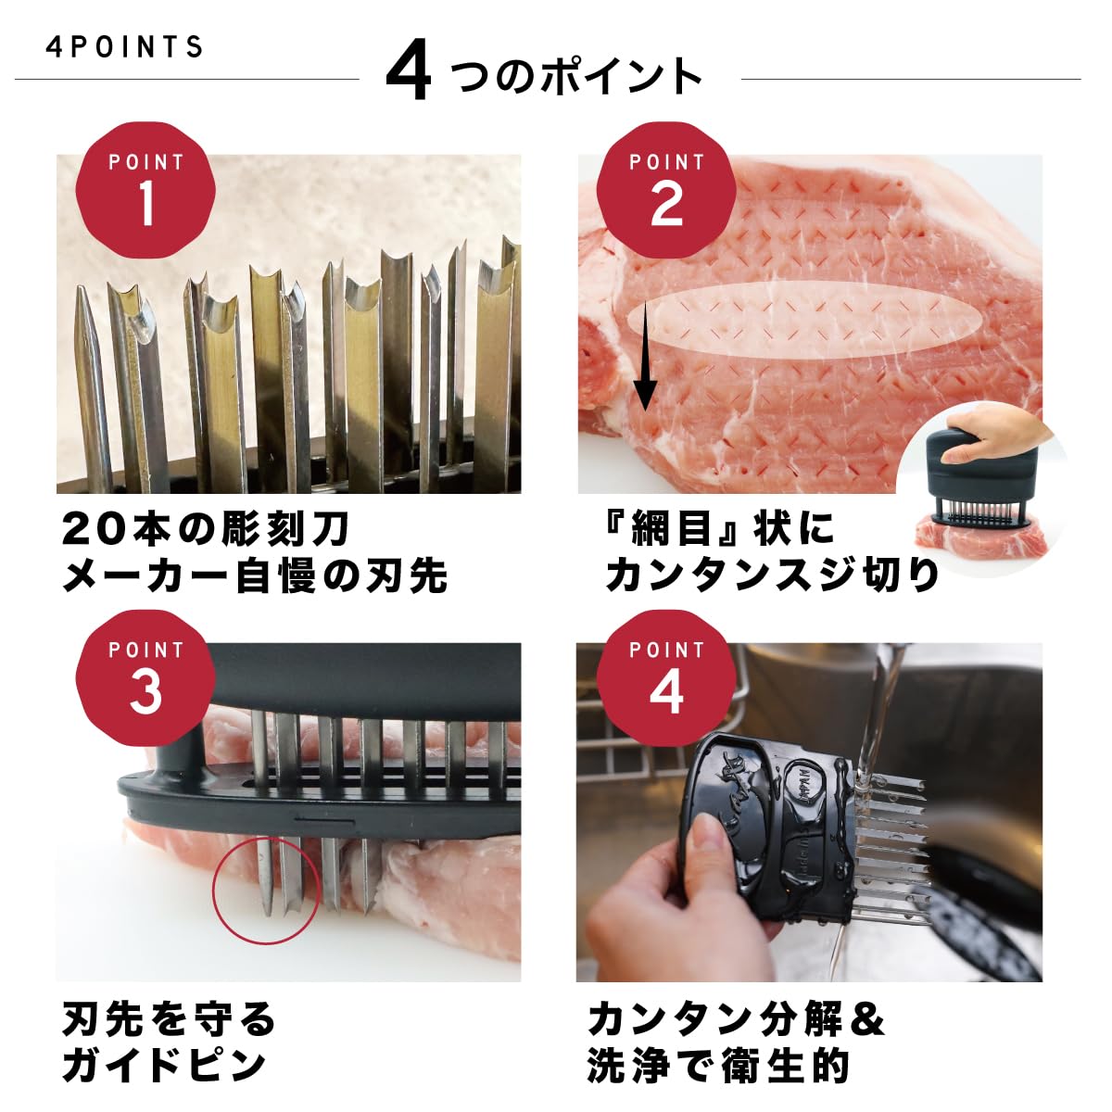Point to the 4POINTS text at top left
tap(125, 47)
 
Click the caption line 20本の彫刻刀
tap(206, 529)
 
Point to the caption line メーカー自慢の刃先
tap(255, 575)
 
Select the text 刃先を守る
tap(170, 1020)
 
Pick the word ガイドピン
tap(165, 1066)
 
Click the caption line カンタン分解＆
tap(737, 1020)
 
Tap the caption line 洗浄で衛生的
tap(718, 1066)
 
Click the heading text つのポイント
tap(576, 76)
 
